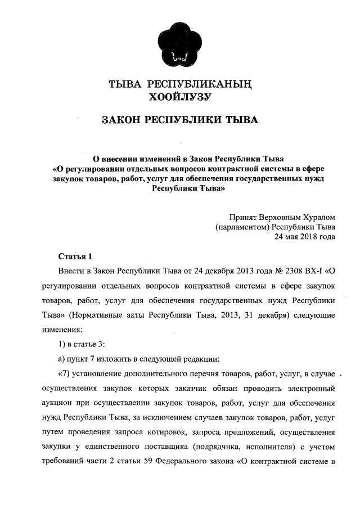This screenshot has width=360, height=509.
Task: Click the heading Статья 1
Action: coord(74,256)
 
